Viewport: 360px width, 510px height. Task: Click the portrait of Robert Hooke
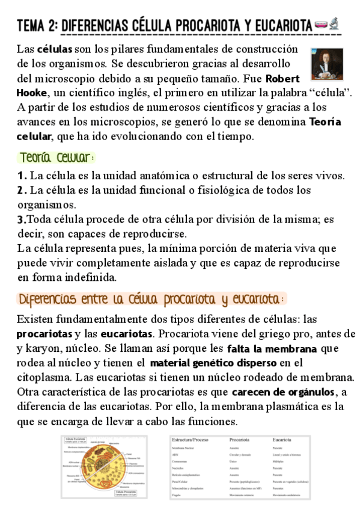point(325,64)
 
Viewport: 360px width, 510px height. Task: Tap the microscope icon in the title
point(334,25)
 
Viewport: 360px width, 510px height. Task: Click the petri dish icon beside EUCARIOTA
point(320,26)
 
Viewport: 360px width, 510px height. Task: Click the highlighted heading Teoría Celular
point(56,158)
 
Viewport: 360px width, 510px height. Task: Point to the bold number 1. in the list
point(22,176)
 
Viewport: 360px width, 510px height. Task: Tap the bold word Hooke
point(32,93)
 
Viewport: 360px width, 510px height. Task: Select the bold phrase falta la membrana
point(272,349)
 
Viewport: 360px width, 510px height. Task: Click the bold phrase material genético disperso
point(213,363)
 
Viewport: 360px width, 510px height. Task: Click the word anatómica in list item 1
point(154,176)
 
